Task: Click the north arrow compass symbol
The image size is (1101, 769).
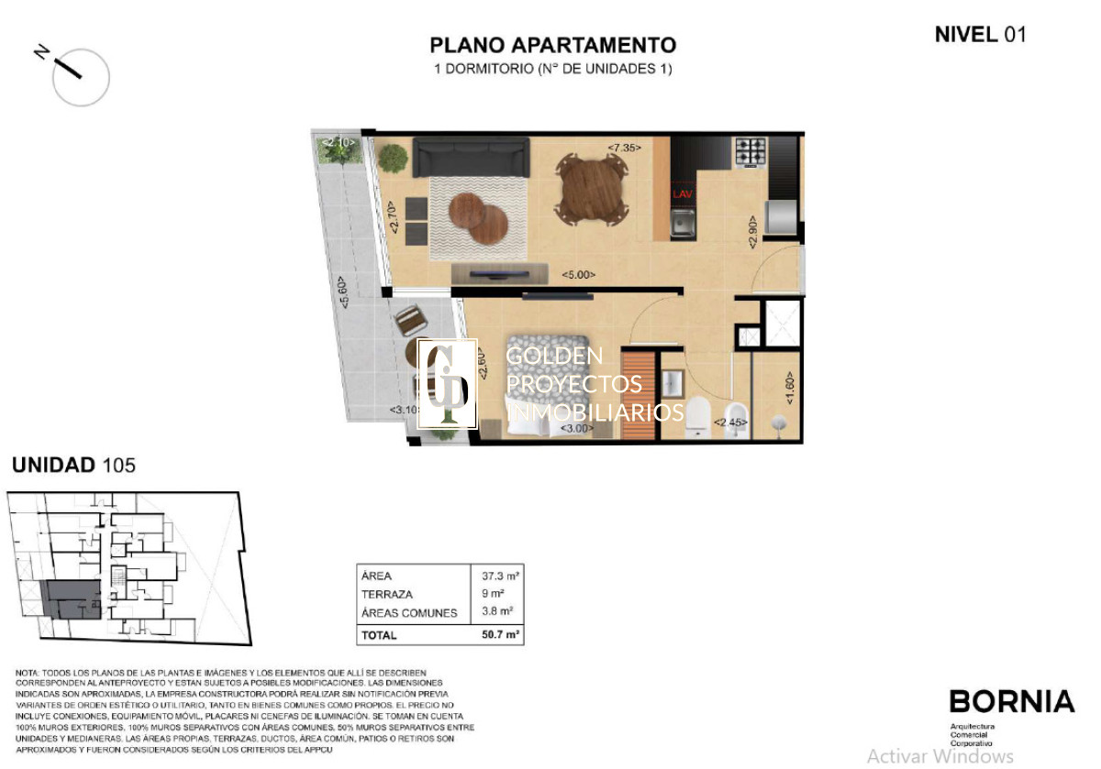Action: point(80,74)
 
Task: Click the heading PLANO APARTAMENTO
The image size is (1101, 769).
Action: point(553,45)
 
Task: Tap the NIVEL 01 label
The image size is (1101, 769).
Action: point(979,35)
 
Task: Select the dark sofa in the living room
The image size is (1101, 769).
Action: point(471,157)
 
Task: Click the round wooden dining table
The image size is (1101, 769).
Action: point(594,187)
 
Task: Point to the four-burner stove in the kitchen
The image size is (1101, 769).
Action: point(750,151)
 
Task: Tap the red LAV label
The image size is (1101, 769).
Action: point(682,194)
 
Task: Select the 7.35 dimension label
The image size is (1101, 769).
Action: point(624,148)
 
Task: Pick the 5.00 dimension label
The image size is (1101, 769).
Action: point(579,274)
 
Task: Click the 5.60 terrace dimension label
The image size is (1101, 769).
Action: point(341,295)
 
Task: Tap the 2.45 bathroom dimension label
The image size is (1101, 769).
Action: point(731,423)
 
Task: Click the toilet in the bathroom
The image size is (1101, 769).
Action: point(699,415)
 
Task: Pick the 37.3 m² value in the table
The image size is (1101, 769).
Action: point(501,577)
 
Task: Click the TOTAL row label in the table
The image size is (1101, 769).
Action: point(379,634)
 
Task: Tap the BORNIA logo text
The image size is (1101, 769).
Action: point(1011,702)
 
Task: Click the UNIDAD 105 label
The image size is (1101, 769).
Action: point(73,465)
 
